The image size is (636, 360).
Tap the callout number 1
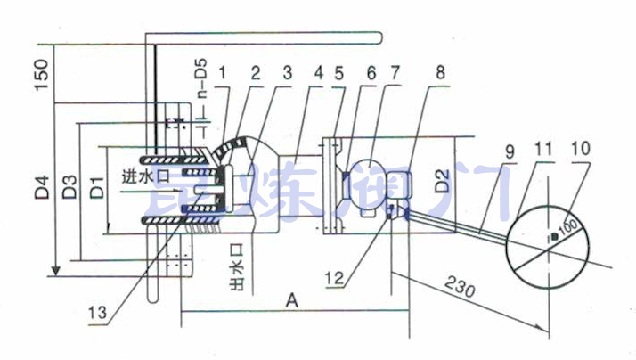(x=225, y=72)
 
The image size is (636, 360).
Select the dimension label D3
(x=68, y=191)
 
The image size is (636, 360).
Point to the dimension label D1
(x=94, y=189)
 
